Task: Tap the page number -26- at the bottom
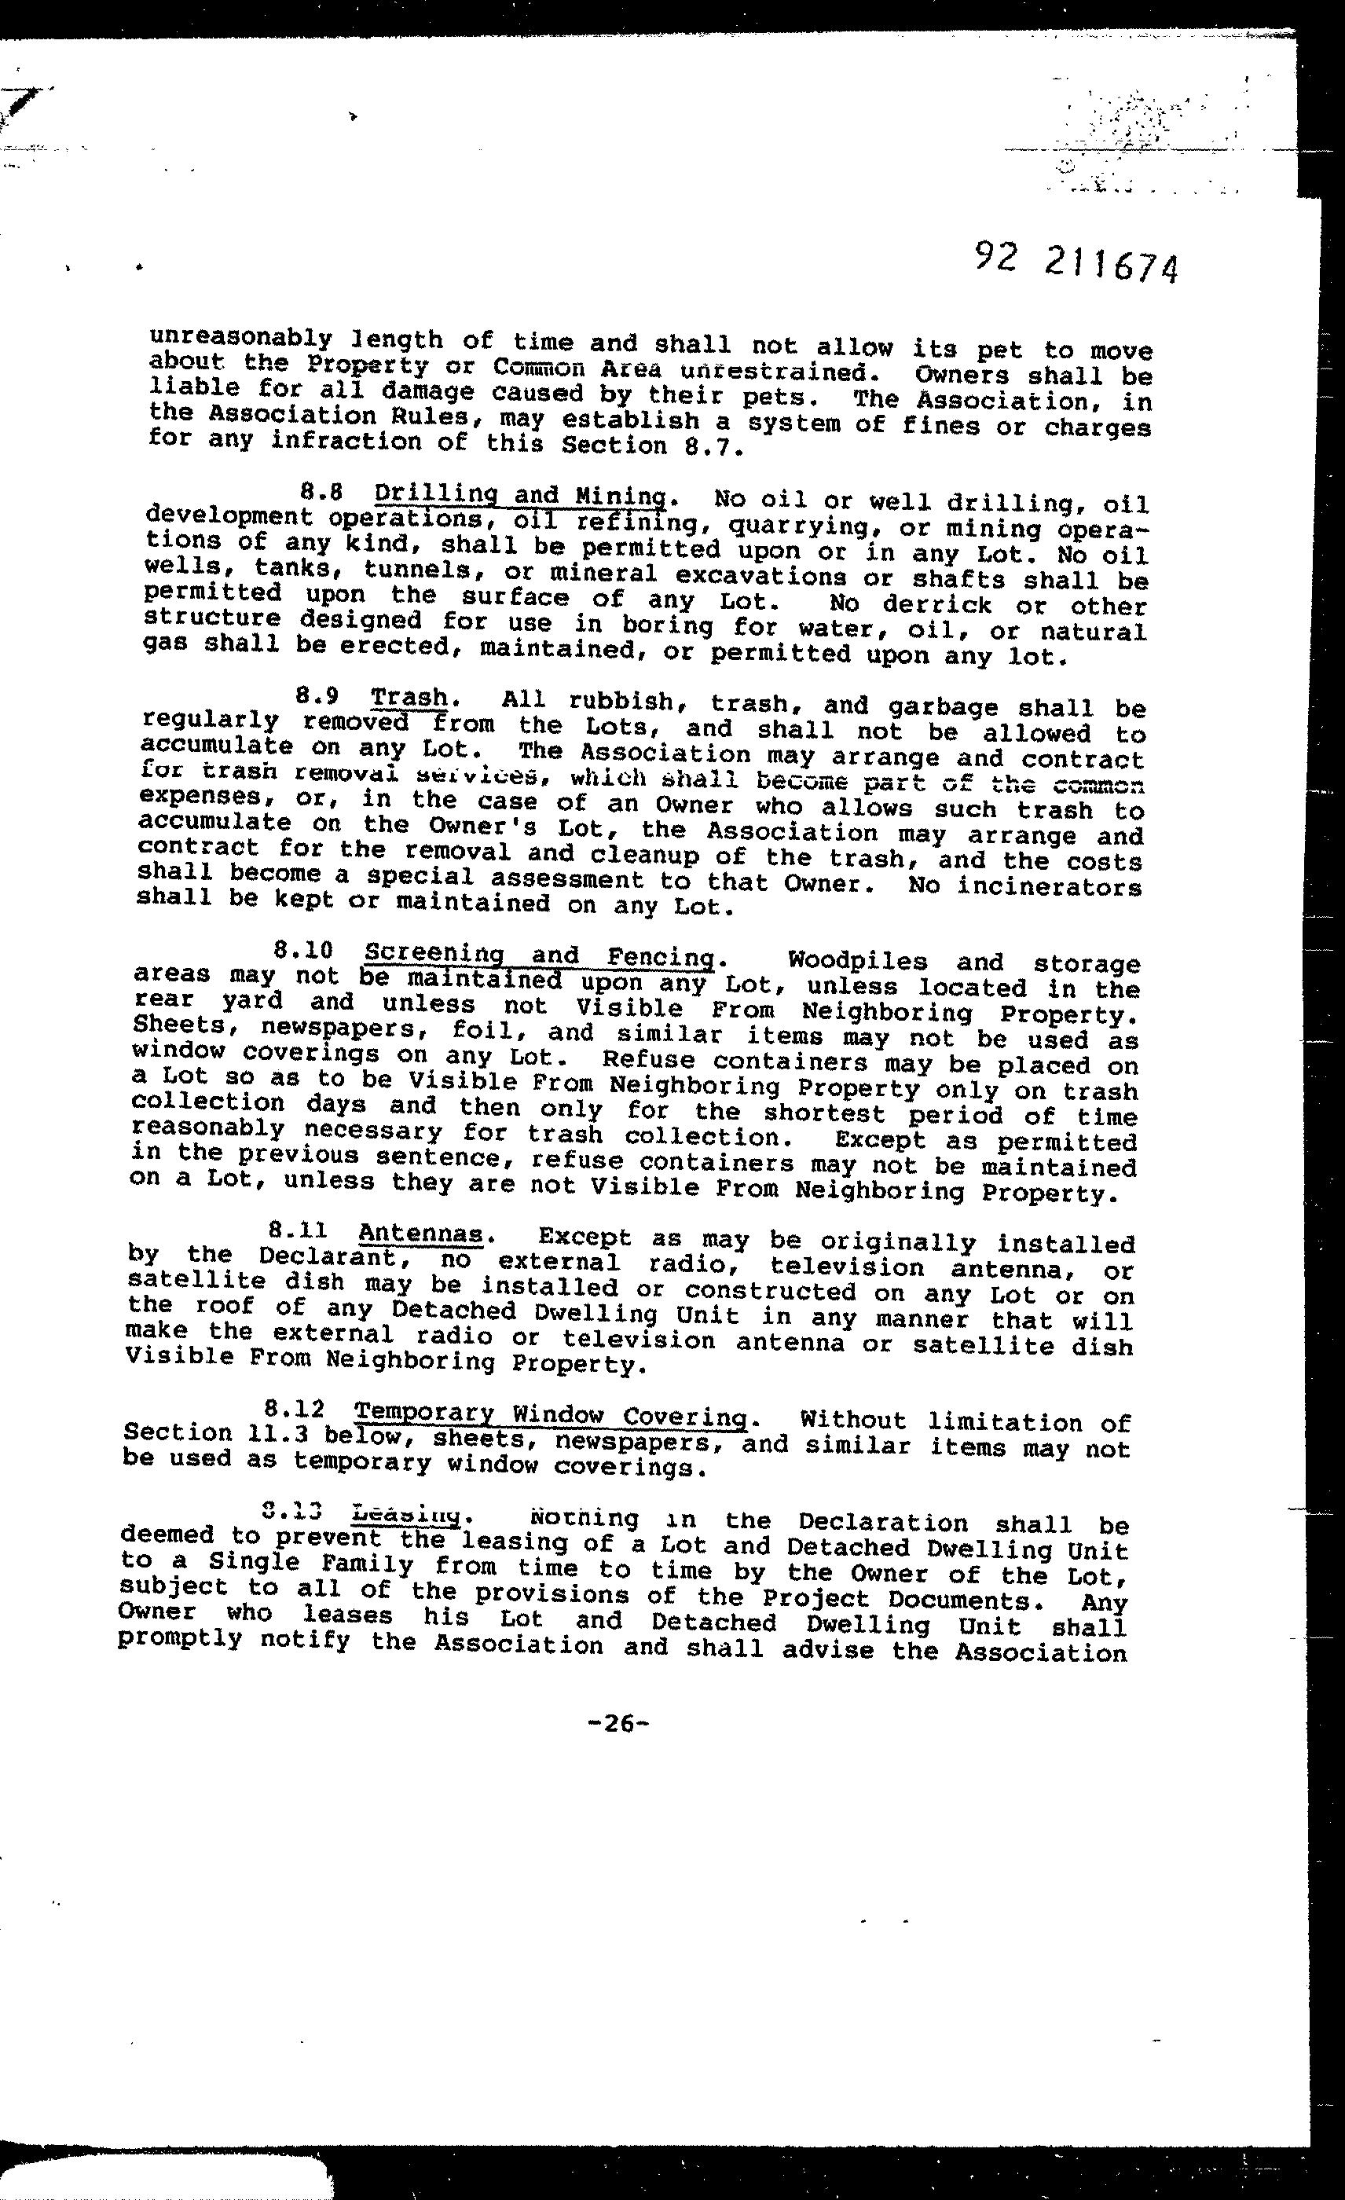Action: coord(618,1724)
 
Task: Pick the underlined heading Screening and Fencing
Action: coord(540,955)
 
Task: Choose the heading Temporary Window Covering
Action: coord(552,1416)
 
